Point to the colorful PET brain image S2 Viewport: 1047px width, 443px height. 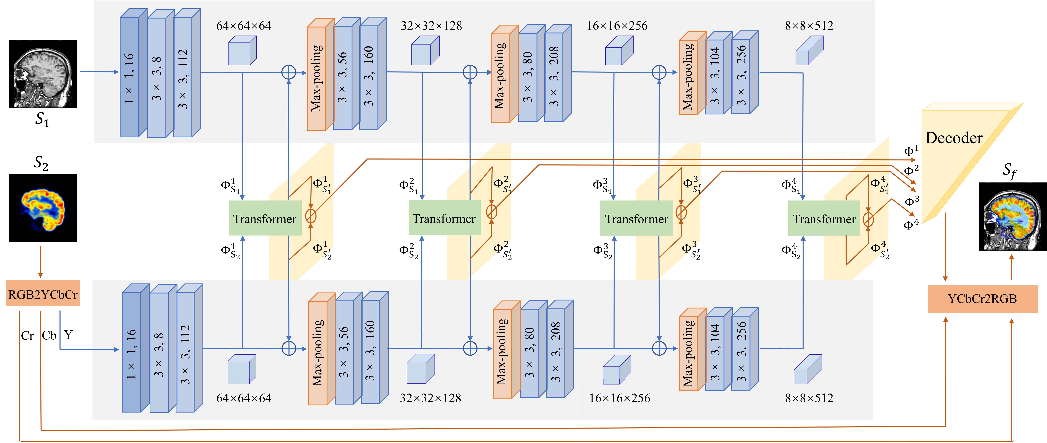(x=43, y=208)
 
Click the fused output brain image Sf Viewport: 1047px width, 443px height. (x=1012, y=216)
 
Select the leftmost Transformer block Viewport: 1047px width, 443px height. (x=265, y=219)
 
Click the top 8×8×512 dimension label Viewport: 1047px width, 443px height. (x=809, y=26)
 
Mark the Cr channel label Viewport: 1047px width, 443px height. (x=27, y=336)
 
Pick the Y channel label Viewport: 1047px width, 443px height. (x=68, y=335)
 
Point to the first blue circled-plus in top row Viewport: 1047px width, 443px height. (x=289, y=73)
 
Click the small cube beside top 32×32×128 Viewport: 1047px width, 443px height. (x=425, y=51)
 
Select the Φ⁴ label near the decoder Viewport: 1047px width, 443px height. (x=910, y=224)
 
